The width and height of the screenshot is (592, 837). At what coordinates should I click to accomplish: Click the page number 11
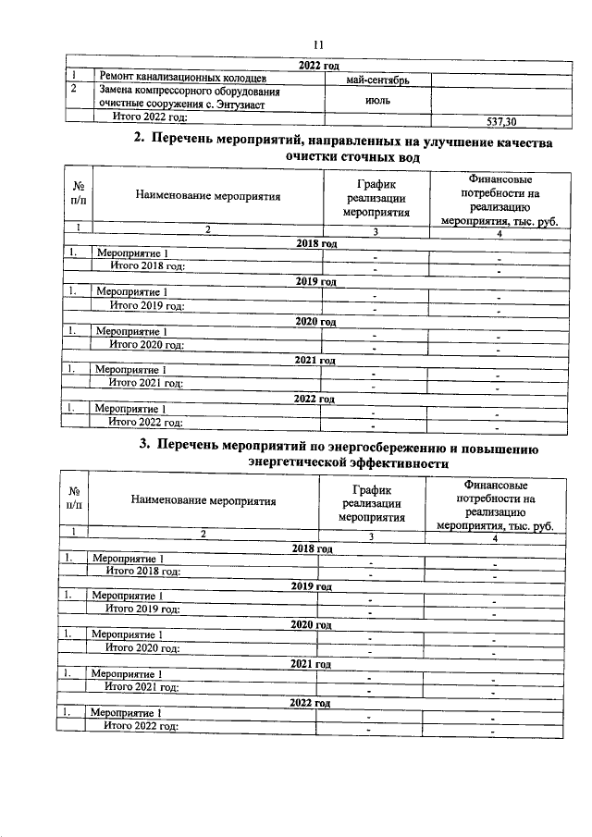tap(317, 43)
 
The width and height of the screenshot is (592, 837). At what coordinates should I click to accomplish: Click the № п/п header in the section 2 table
tap(78, 194)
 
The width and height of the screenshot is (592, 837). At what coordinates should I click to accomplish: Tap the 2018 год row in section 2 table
tap(314, 242)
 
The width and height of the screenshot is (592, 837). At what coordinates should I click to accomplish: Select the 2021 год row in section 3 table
tap(312, 664)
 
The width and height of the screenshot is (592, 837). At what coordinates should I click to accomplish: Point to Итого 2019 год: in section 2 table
tap(146, 306)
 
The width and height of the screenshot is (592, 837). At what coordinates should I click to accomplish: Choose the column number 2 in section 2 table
tap(207, 228)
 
